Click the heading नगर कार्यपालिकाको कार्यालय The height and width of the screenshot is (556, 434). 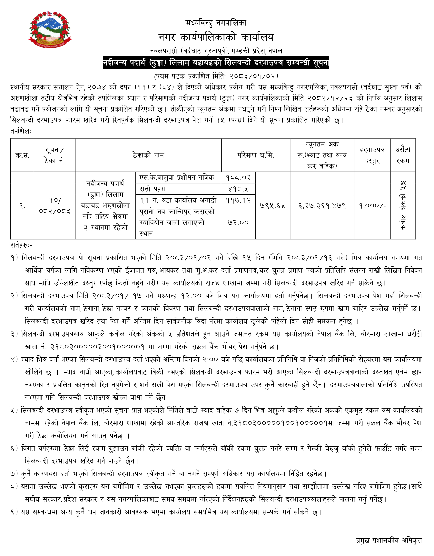(216, 37)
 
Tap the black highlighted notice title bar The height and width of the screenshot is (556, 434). (216, 63)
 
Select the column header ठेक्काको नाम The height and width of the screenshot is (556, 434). (148, 155)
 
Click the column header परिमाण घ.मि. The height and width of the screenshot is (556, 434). (256, 155)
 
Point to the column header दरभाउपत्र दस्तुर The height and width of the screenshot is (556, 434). (372, 155)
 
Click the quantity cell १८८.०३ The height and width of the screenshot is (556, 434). (238, 177)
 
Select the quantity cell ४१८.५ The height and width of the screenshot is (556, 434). (238, 189)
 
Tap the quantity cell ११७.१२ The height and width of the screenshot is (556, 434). (238, 200)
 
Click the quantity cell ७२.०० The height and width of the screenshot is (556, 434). (238, 222)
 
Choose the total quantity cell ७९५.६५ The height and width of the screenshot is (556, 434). (273, 205)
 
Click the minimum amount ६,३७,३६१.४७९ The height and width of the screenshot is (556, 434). (322, 205)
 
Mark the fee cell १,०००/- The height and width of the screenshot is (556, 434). (372, 205)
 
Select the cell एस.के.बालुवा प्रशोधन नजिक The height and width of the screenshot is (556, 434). (177, 177)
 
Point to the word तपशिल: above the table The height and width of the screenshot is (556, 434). (21, 131)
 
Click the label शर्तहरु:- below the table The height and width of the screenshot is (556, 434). (21, 245)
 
